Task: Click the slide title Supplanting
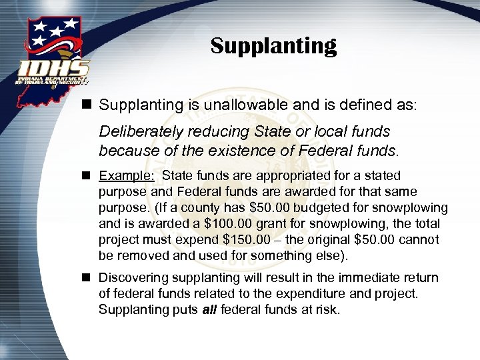coord(273,46)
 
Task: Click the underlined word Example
coord(126,176)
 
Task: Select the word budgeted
coord(340,208)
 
